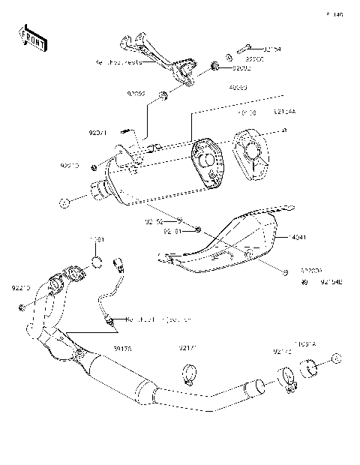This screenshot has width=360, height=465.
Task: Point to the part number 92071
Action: coord(97,133)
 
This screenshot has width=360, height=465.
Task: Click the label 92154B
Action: coord(330,282)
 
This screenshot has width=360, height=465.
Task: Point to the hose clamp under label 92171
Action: coord(189,370)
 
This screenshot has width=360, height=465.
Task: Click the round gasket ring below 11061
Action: coord(96,262)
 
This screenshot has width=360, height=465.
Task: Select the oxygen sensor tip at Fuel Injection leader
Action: coord(111,320)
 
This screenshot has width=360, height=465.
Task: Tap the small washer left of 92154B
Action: coord(305,282)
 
